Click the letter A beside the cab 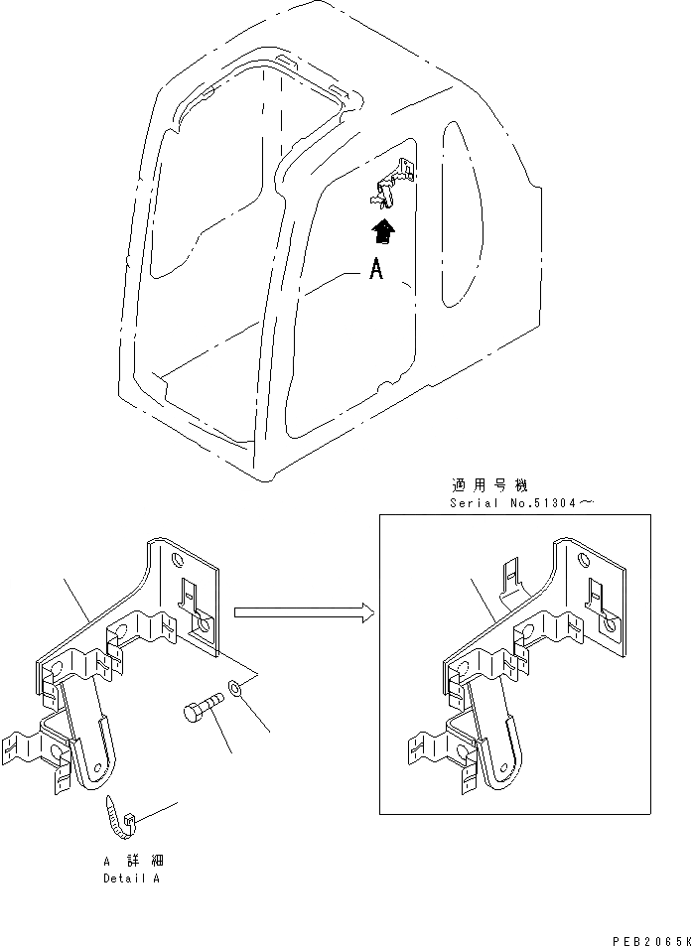pos(375,269)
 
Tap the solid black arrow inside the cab pos(381,232)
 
